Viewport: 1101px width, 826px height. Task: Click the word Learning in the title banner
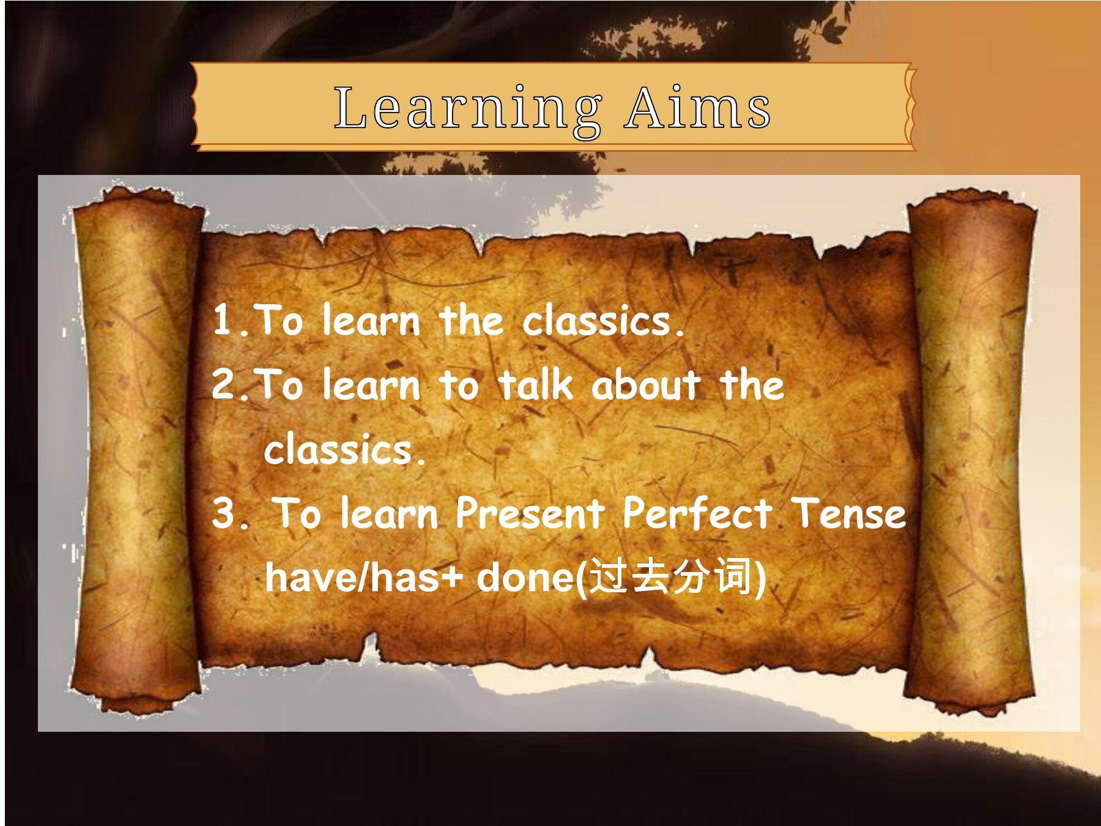click(x=468, y=109)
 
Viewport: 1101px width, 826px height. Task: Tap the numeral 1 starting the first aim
click(x=223, y=319)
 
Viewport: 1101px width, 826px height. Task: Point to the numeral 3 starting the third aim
click(x=224, y=512)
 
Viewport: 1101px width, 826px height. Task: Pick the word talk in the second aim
click(x=535, y=384)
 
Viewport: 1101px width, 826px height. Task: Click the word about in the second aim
click(x=645, y=385)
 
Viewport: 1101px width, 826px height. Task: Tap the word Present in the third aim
click(x=530, y=512)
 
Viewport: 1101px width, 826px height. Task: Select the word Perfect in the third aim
click(x=697, y=512)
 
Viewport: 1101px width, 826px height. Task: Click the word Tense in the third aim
click(x=848, y=513)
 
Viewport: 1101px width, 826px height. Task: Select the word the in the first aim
click(x=471, y=319)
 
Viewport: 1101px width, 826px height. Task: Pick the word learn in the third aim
click(x=389, y=512)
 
